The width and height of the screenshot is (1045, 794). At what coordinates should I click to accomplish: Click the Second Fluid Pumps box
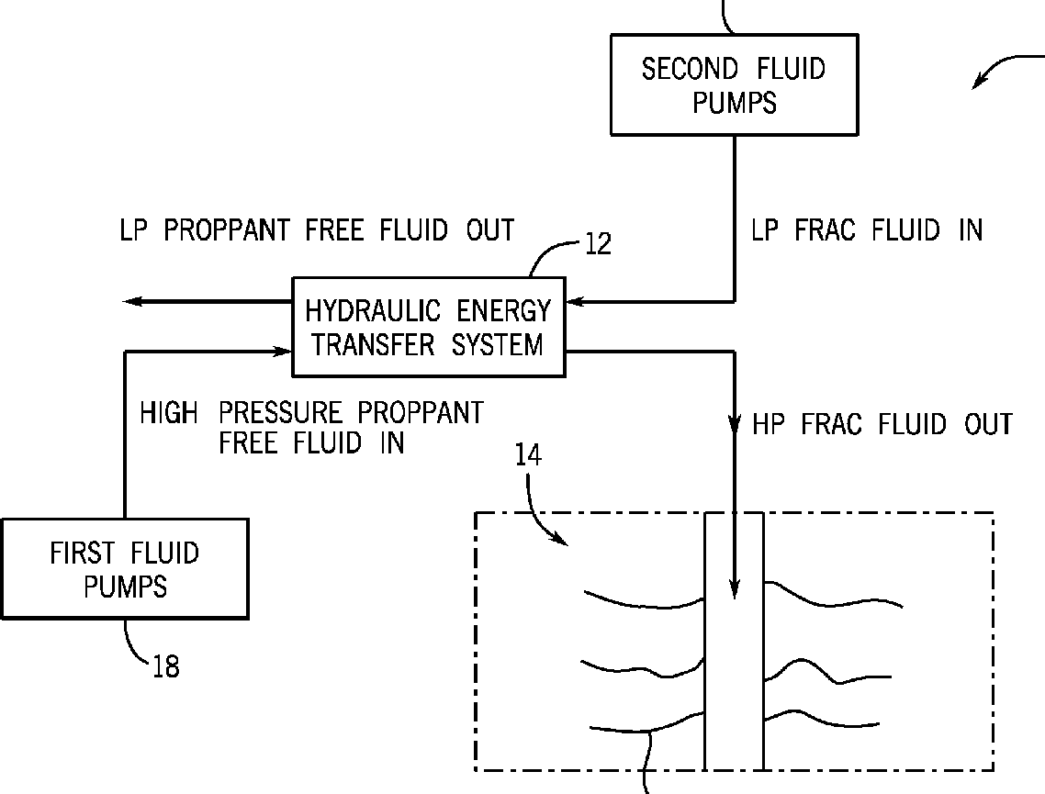tap(734, 85)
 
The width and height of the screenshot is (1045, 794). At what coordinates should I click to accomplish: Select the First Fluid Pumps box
tap(124, 569)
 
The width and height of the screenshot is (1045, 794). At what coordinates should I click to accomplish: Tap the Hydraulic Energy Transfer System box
tap(428, 327)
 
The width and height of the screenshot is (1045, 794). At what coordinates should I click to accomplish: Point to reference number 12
tap(597, 245)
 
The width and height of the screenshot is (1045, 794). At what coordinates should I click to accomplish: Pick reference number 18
tap(165, 666)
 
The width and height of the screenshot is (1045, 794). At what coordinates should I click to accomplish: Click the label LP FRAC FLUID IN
tap(867, 230)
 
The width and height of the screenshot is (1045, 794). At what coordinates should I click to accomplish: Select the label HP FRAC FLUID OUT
tap(882, 424)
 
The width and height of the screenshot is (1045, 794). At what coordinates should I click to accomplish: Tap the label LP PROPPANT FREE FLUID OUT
tap(317, 229)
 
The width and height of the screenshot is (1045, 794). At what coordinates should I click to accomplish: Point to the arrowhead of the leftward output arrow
tap(133, 301)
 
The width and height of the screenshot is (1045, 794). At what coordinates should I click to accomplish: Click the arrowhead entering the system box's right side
tap(575, 301)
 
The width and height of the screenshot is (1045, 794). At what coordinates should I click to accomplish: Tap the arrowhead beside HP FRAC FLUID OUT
tap(735, 426)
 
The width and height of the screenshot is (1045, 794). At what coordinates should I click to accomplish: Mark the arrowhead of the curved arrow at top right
tap(980, 85)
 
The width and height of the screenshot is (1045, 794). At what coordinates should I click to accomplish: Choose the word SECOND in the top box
tap(689, 69)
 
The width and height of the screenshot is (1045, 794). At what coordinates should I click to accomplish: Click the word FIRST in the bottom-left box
tap(82, 554)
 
